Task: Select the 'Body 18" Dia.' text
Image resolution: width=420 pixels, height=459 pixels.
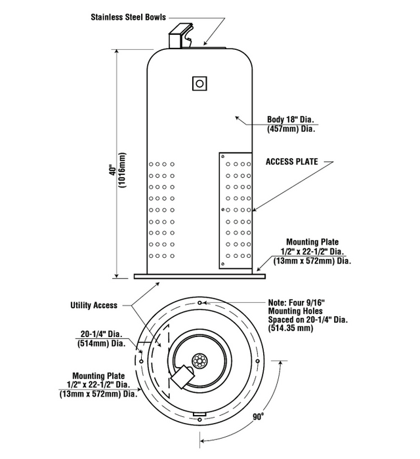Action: coord(291,120)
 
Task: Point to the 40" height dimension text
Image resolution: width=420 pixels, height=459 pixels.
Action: coord(113,169)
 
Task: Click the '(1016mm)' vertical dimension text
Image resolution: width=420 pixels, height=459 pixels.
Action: coord(123,169)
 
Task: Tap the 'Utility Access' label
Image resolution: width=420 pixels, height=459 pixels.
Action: coord(93,305)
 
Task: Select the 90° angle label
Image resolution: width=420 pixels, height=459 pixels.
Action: coord(262,416)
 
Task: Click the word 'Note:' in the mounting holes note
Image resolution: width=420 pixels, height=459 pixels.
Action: coord(280,302)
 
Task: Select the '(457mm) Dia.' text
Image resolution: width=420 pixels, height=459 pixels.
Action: coord(291,129)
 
